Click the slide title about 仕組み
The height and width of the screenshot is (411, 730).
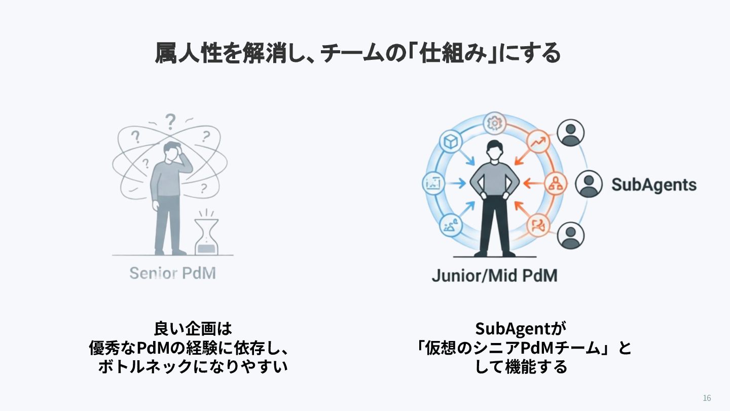358,53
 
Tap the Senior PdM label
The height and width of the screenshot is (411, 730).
173,273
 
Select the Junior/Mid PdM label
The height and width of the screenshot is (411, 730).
494,276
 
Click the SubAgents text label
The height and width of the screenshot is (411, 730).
654,185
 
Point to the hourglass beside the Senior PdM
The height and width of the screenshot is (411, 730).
206,236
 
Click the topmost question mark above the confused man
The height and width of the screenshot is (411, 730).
170,121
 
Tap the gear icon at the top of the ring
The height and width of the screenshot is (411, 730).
494,123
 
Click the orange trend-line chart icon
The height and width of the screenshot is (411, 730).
538,142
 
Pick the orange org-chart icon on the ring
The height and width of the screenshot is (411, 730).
555,184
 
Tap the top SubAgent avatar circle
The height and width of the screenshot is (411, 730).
570,132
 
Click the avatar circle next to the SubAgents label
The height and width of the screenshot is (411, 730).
589,184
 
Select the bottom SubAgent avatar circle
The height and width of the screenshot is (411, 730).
570,235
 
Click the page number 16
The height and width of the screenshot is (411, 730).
707,398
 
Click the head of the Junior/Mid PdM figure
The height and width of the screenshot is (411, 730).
494,150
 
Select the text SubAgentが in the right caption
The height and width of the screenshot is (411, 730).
521,328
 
